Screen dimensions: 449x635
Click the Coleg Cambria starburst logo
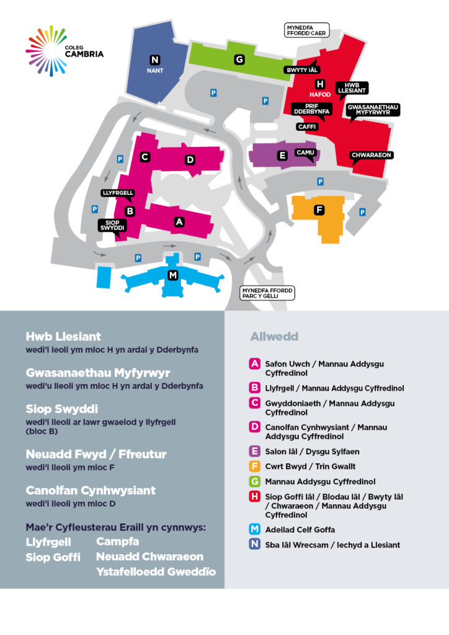(x=46, y=51)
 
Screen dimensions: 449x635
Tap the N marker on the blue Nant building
(x=154, y=60)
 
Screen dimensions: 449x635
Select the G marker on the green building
(x=239, y=60)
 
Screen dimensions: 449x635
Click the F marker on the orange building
(x=319, y=210)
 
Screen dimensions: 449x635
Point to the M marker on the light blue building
(x=173, y=275)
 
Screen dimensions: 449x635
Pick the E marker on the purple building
(x=282, y=156)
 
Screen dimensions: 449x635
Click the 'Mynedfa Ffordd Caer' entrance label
(x=306, y=30)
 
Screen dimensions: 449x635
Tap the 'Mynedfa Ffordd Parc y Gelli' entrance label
(x=267, y=293)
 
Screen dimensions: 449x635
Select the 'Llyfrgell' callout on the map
(x=118, y=193)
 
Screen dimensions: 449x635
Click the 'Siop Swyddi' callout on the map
(x=112, y=226)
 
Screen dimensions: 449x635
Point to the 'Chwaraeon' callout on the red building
(x=371, y=155)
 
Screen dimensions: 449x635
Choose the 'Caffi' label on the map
(x=307, y=127)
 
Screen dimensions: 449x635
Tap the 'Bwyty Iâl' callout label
(x=302, y=70)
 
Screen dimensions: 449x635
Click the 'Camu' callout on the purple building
(x=305, y=153)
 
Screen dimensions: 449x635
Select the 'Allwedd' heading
(x=274, y=337)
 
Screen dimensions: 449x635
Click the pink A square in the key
(x=254, y=363)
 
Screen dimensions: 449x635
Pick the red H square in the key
(x=254, y=497)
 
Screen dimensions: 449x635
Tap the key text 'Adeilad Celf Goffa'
(x=300, y=530)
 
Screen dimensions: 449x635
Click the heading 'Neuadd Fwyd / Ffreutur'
(x=96, y=455)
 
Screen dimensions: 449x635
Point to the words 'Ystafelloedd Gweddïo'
(x=156, y=571)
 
